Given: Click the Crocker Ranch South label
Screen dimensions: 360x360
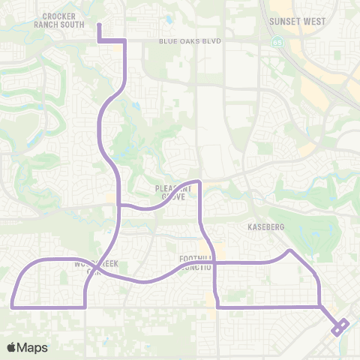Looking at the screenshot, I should coord(63,19).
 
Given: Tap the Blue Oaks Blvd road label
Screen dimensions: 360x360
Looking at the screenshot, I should coord(190,41).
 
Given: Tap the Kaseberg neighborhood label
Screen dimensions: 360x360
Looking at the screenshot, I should coord(263,225).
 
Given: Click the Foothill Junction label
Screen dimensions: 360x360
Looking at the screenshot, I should coord(197,262).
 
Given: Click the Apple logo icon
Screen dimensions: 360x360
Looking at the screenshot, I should coord(13,347).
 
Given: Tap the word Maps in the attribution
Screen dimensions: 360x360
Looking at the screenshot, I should coord(33,347).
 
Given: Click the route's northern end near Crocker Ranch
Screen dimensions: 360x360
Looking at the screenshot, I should coord(99,25).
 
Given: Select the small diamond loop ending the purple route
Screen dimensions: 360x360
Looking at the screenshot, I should coord(340,326).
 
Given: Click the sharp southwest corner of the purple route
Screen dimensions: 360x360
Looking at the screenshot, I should coord(13,306).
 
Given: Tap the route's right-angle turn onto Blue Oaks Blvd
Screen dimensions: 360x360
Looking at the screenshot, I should coord(124,40).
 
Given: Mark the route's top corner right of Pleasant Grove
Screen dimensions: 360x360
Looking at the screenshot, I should coord(198,182).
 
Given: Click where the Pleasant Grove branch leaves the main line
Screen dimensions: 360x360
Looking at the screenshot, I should coord(120,203).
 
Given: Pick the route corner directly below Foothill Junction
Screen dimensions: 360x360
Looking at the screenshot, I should coord(217,306).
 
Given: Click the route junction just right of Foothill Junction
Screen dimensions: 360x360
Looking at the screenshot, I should coord(215,262).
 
